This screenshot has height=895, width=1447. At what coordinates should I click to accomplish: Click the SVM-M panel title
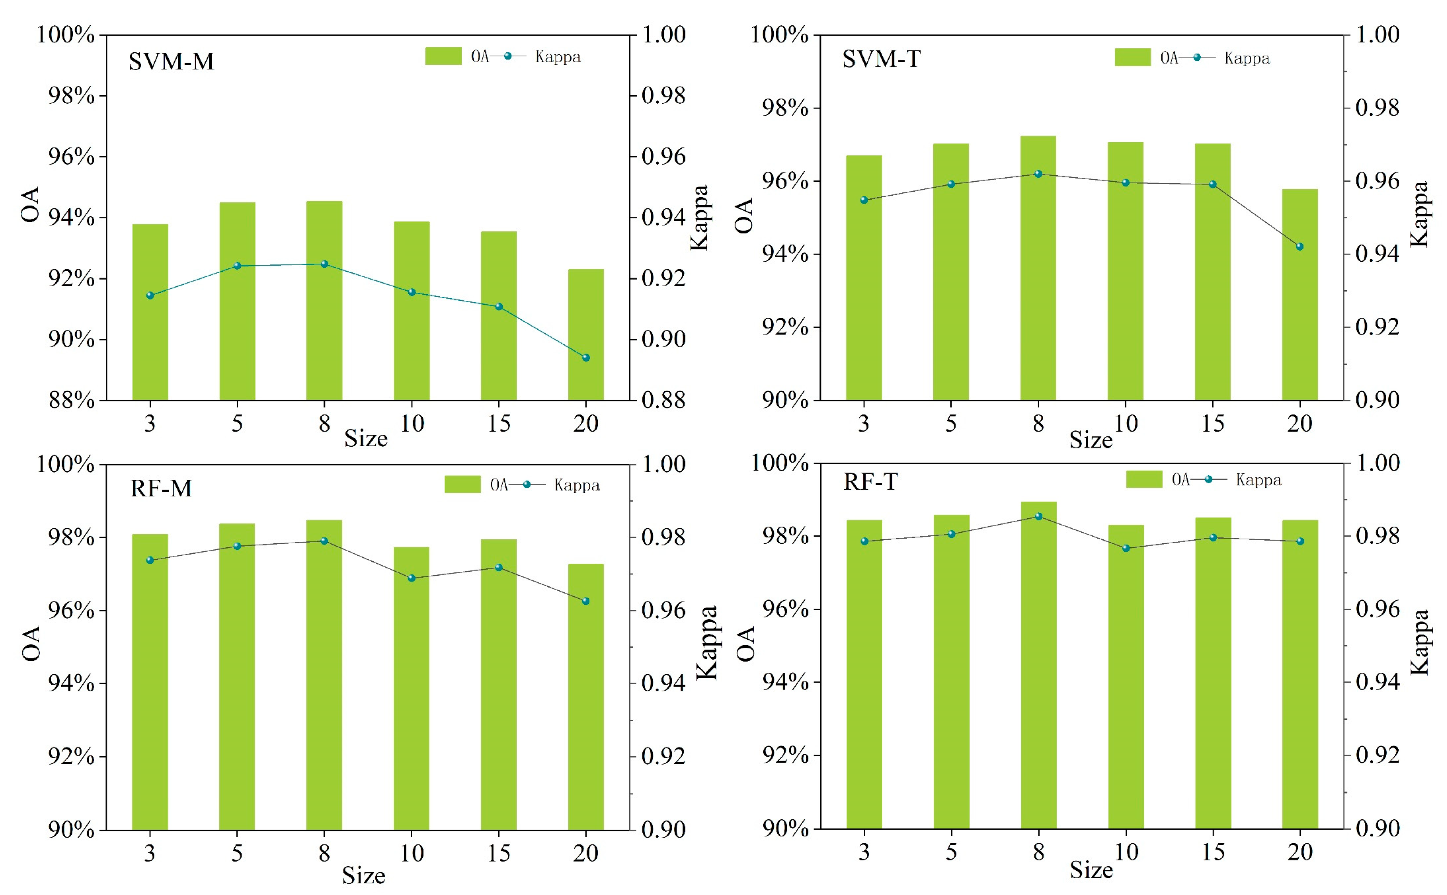click(171, 61)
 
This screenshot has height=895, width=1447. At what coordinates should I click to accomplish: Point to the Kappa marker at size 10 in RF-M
click(412, 578)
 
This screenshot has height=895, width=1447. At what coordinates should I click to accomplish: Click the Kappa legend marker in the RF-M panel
click(526, 484)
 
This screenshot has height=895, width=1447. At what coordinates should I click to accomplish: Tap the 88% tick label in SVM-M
click(71, 401)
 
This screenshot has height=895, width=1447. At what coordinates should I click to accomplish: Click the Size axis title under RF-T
click(1090, 870)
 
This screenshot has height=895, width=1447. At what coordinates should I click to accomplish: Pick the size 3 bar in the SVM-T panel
click(863, 278)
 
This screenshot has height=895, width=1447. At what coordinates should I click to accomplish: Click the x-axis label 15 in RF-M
click(498, 853)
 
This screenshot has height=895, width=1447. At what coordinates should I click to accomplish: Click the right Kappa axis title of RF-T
click(1420, 642)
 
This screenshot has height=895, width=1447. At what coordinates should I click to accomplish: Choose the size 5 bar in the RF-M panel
click(237, 676)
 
